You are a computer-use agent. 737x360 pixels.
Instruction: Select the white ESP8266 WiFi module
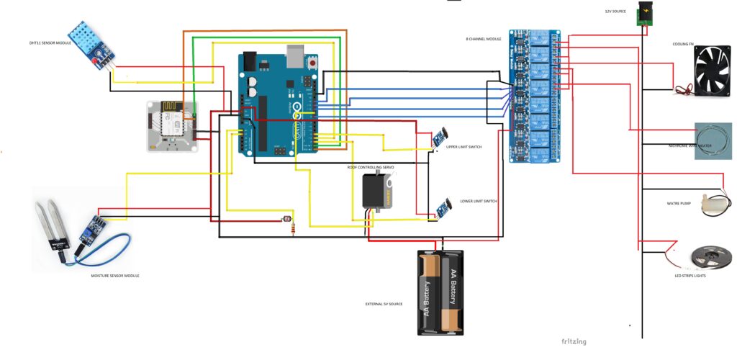point(171,126)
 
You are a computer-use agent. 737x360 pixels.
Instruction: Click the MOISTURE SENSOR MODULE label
point(115,276)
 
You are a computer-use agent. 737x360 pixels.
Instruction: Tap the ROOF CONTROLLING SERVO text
point(371,167)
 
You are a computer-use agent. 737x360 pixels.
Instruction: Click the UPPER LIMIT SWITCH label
point(464,147)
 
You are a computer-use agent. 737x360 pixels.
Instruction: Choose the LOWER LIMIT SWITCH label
point(479,202)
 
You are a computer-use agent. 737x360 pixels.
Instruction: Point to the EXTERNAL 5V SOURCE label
point(384,305)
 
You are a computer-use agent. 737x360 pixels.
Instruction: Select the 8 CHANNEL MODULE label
point(483,39)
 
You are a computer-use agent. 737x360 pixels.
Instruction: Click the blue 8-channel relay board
point(534,96)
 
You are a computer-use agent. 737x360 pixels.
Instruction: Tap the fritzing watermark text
point(574,341)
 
